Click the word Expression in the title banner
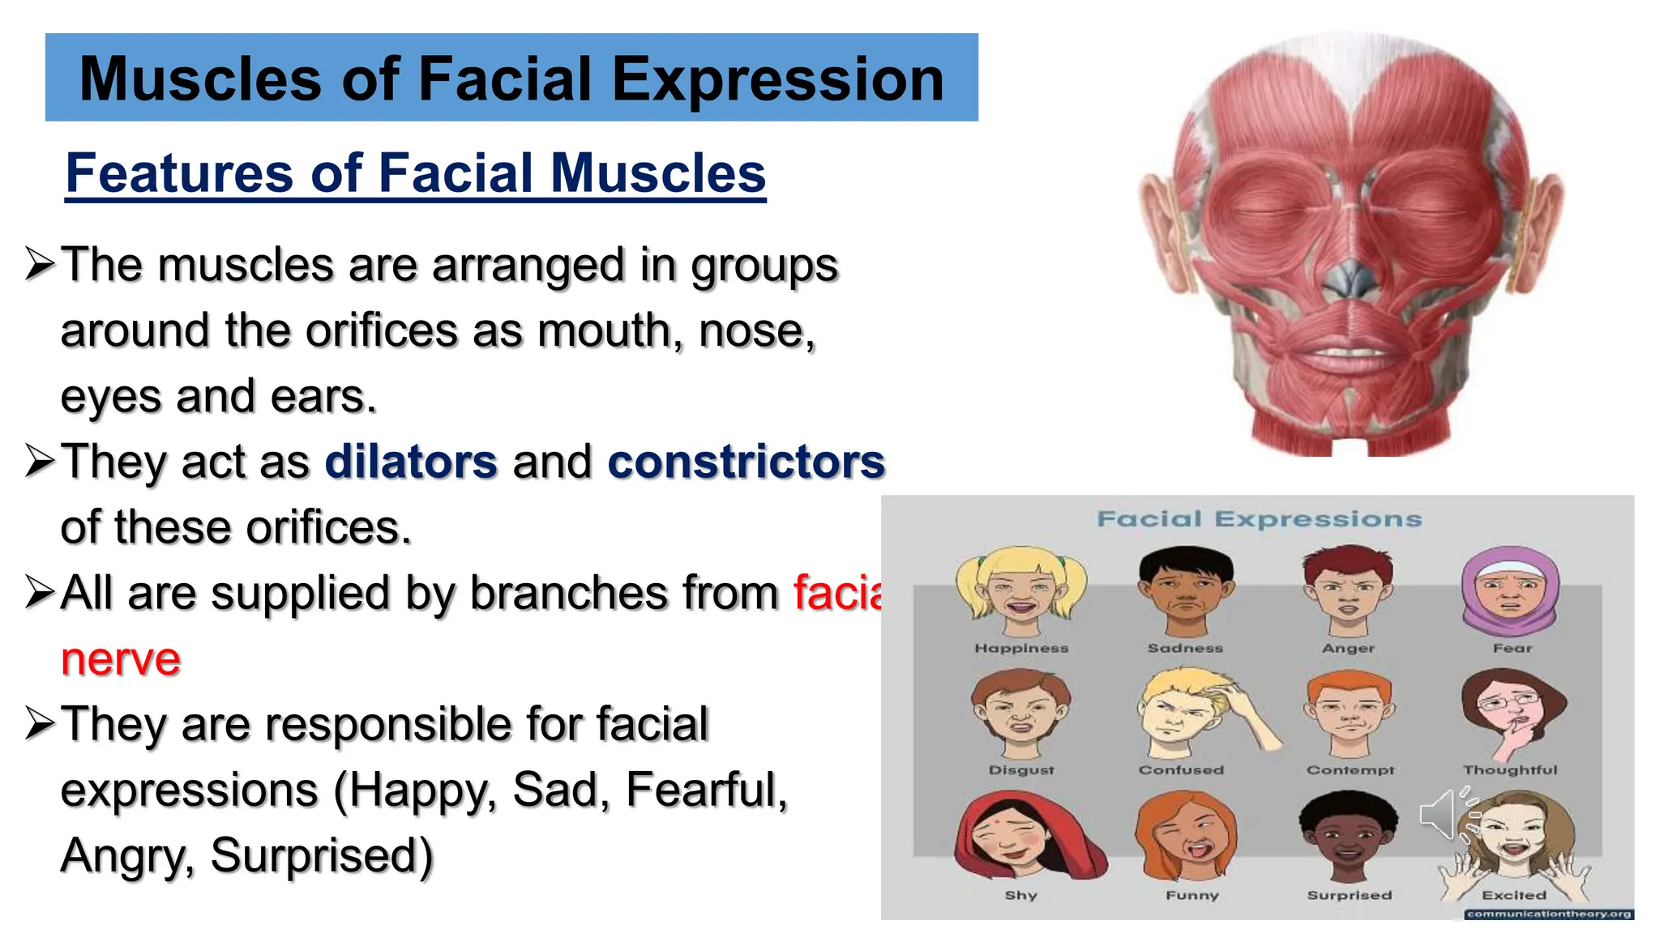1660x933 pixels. pyautogui.click(x=777, y=79)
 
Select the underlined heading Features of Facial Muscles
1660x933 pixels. pyautogui.click(x=415, y=173)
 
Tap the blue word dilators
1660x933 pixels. pyautogui.click(x=411, y=462)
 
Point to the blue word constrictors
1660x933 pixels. pyautogui.click(x=746, y=462)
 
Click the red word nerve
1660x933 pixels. pyautogui.click(x=121, y=658)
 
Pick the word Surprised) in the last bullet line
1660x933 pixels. pyautogui.click(x=322, y=855)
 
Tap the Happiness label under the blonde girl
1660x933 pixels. pyautogui.click(x=1021, y=648)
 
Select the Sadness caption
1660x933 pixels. pyautogui.click(x=1185, y=648)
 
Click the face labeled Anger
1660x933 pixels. pyautogui.click(x=1348, y=591)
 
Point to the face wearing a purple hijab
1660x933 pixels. pyautogui.click(x=1511, y=591)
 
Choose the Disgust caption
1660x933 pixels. pyautogui.click(x=1021, y=770)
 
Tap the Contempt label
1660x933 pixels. pyautogui.click(x=1350, y=770)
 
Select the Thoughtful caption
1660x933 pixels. pyautogui.click(x=1510, y=770)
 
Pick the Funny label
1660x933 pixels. pyautogui.click(x=1192, y=895)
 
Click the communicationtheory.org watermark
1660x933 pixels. pyautogui.click(x=1549, y=914)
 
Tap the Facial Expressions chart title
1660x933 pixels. pyautogui.click(x=1259, y=519)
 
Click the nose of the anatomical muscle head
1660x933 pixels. pyautogui.click(x=1350, y=275)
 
